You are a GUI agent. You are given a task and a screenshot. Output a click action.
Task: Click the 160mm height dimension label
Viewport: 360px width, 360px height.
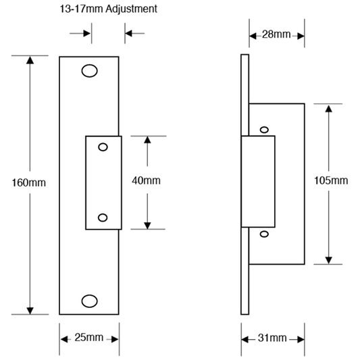[x=28, y=183]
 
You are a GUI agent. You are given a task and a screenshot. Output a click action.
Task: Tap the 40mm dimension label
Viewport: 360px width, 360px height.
[x=146, y=180]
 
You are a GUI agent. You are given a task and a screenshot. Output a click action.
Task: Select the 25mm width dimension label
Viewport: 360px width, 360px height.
[x=89, y=337]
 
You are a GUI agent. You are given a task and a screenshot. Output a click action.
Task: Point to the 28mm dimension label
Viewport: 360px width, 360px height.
[x=276, y=34]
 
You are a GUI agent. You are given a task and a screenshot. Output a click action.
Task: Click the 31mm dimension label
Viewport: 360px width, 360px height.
[x=272, y=338]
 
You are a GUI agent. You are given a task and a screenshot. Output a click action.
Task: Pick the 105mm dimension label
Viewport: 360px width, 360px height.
[x=331, y=180]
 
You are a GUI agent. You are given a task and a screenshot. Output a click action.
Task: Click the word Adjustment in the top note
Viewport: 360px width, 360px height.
[x=131, y=9]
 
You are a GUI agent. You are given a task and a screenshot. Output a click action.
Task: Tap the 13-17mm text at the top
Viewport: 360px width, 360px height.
[x=81, y=9]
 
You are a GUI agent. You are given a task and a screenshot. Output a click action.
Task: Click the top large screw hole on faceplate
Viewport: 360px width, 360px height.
[x=90, y=71]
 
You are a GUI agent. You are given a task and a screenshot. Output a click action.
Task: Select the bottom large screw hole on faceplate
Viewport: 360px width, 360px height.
[x=90, y=301]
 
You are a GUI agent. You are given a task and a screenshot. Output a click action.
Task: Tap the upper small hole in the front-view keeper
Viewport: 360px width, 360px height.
[x=103, y=147]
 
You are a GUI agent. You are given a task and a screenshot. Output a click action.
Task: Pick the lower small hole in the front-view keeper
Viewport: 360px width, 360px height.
[x=103, y=217]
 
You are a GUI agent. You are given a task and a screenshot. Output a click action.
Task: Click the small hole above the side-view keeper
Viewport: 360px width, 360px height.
[x=264, y=130]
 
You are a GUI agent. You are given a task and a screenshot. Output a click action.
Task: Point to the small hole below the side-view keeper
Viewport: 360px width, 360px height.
[x=264, y=234]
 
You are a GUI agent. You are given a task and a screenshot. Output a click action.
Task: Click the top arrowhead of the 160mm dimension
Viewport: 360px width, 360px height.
[x=30, y=60]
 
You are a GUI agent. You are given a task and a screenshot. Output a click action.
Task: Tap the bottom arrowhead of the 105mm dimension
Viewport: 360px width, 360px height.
[x=328, y=260]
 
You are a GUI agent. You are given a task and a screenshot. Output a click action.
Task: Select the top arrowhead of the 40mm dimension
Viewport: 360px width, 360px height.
[x=147, y=140]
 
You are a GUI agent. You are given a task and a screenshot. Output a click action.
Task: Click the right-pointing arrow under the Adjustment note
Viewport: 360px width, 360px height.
[x=80, y=33]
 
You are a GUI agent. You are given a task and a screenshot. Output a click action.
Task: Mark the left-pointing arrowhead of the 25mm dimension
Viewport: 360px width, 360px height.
[x=64, y=339]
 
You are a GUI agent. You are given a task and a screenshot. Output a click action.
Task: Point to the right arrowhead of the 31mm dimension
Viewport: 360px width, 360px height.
[x=301, y=339]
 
